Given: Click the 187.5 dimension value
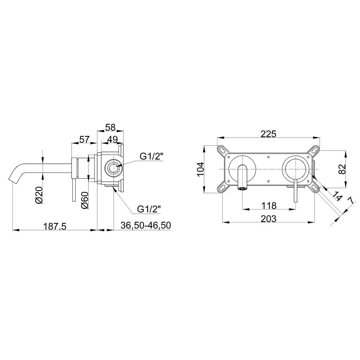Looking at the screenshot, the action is (x=55, y=226).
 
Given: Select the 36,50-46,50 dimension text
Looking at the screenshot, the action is (x=145, y=225).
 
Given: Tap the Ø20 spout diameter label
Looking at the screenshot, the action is (x=39, y=194).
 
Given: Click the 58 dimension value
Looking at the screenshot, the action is (x=110, y=127).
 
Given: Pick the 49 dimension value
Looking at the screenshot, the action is (x=112, y=139).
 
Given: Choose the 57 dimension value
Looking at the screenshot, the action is (x=84, y=139).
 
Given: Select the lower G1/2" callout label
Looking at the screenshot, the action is (x=149, y=210).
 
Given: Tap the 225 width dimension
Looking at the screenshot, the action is (x=269, y=134).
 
